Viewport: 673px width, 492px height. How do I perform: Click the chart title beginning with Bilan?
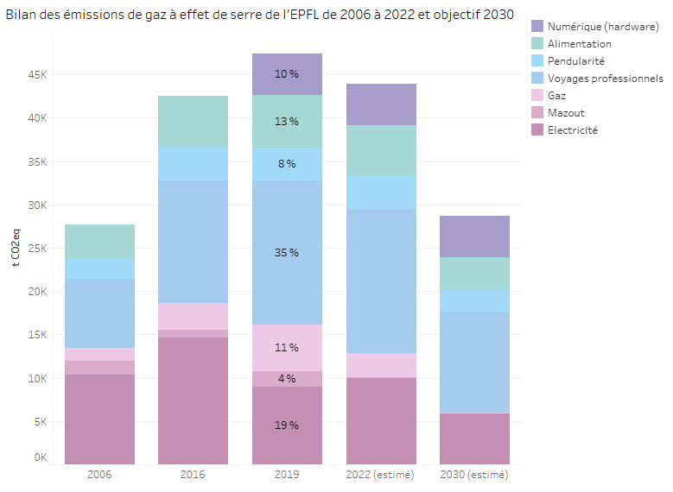[x=260, y=15]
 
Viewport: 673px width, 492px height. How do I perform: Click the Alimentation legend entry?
[x=579, y=44]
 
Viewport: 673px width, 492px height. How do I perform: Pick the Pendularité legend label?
[x=575, y=61]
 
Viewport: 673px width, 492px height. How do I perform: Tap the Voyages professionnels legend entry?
[x=605, y=79]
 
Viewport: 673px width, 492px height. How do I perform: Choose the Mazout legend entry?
[x=565, y=113]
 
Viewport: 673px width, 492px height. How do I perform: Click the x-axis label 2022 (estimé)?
[x=380, y=475]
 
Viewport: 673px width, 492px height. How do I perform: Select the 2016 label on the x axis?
[x=193, y=475]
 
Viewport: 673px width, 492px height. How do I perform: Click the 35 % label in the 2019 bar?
[x=287, y=253]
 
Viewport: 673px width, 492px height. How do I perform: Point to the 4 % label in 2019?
[x=287, y=379]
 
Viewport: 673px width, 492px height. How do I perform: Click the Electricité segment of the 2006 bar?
[x=99, y=419]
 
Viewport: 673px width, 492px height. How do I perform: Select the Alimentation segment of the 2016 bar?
[x=193, y=121]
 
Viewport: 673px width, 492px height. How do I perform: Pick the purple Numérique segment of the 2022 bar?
[x=381, y=104]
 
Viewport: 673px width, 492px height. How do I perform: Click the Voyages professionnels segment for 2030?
[x=474, y=363]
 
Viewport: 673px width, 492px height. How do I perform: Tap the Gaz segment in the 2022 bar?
[x=381, y=365]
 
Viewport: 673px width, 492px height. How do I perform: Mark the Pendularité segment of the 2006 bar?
[x=99, y=268]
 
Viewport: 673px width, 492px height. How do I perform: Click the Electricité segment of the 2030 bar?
[x=474, y=438]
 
